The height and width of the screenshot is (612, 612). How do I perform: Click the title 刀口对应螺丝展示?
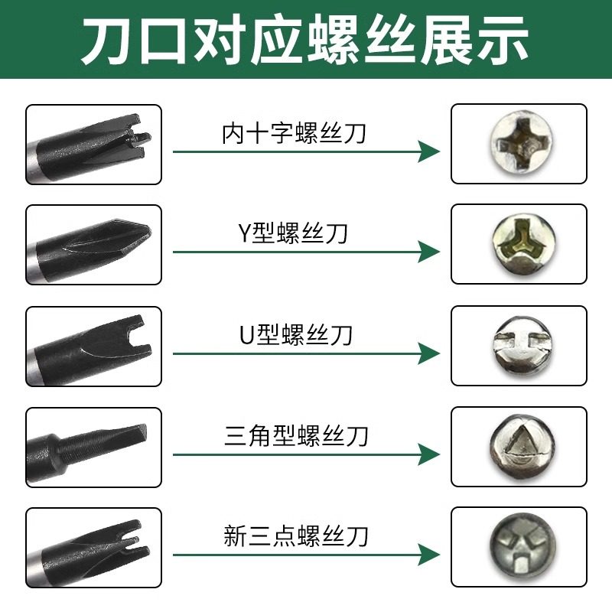click(x=305, y=40)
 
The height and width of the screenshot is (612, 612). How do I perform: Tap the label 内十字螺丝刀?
click(x=294, y=134)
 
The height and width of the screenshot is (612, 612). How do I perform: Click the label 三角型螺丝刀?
click(x=297, y=436)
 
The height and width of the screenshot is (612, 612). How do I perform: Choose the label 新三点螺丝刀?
click(x=296, y=535)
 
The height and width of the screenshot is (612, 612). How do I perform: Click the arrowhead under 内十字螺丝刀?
click(x=429, y=151)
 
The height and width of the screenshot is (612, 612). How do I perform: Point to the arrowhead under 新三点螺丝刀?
click(x=429, y=556)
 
